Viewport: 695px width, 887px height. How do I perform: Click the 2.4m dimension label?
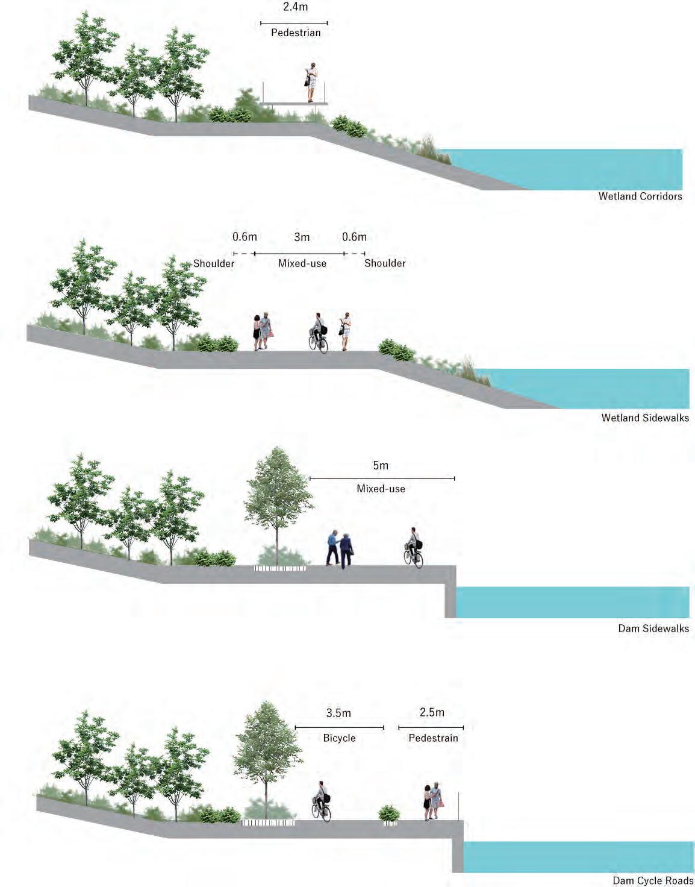295,7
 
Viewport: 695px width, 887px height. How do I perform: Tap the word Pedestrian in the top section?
295,33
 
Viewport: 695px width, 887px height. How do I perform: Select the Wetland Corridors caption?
640,196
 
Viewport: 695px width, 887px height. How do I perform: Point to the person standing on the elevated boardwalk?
311,83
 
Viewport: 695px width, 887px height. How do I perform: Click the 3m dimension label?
302,237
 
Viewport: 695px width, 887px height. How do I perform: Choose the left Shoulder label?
214,263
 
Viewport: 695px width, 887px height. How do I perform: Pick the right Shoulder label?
385,263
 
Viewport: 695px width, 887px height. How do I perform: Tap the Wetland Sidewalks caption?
644,418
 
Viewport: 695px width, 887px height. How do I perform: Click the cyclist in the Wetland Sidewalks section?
318,333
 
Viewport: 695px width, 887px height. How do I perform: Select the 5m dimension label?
381,466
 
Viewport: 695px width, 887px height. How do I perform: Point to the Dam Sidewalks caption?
653,628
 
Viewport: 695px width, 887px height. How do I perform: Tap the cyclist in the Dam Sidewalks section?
413,548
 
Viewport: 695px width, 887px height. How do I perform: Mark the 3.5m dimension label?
338,713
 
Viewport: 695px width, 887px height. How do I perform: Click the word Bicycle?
339,738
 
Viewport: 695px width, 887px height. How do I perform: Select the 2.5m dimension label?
432,713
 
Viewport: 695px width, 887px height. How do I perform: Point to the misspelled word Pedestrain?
433,738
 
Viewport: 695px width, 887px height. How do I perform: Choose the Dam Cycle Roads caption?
653,881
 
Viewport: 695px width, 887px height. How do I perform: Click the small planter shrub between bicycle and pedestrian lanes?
389,814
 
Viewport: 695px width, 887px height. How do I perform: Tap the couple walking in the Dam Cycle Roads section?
432,801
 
